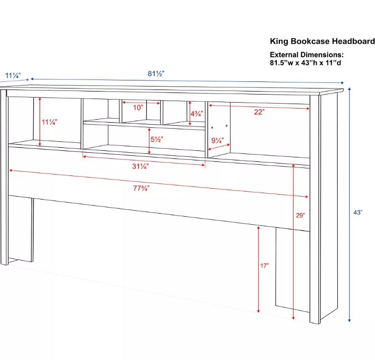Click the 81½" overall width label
tap(156, 73)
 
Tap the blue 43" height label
tap(358, 212)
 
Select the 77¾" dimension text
tap(141, 189)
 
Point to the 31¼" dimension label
tap(140, 166)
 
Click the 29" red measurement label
tap(301, 216)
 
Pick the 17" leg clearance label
tap(264, 265)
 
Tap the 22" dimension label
tap(259, 112)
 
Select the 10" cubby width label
tap(138, 108)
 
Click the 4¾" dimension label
tap(197, 114)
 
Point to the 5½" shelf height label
tap(157, 139)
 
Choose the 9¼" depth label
tap(217, 140)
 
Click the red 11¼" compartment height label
tap(49, 122)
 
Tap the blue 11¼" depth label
tap(13, 75)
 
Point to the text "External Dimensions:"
tap(307, 55)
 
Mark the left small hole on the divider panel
tap(212, 128)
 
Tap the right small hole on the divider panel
tap(227, 126)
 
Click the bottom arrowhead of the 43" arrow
tap(349, 320)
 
